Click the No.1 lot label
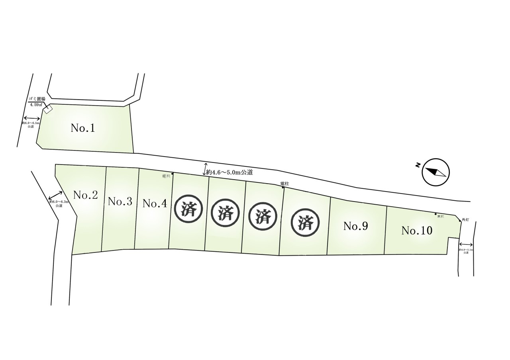coord(83,128)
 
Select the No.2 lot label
coord(86,195)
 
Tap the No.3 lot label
coord(120,202)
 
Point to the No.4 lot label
coord(154,203)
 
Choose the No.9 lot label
coord(355,227)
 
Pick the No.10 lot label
coord(417,230)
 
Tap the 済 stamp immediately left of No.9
coord(306,223)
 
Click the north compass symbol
coord(435,172)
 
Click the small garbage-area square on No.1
coord(48,109)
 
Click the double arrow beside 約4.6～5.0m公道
coord(206,169)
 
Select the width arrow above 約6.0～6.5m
coord(32,118)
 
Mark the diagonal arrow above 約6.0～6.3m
coord(55,196)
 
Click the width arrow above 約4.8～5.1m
coord(466,245)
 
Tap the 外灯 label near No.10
coord(465,220)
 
